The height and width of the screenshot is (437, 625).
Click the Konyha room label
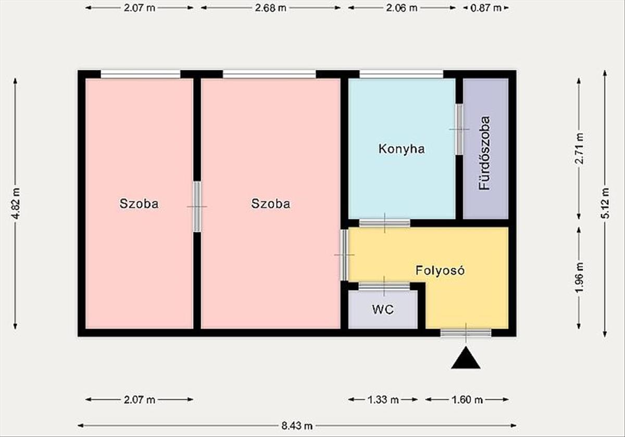[x=402, y=149]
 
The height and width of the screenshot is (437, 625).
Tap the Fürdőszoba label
[x=484, y=153]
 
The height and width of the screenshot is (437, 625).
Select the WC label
[x=383, y=310]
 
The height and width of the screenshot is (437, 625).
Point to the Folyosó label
[x=440, y=271]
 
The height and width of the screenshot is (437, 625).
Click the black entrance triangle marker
[x=466, y=358]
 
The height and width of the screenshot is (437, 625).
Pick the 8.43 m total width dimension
[x=297, y=426]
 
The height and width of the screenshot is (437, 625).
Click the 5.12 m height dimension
[x=605, y=203]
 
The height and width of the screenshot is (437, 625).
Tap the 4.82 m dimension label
[x=16, y=203]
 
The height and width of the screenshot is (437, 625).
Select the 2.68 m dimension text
[x=271, y=8]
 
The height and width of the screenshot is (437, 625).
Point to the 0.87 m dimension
[x=486, y=8]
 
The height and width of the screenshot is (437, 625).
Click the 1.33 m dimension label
[x=383, y=400]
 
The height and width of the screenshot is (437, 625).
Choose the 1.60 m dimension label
[x=467, y=400]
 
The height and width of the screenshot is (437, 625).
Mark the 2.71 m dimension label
[x=579, y=149]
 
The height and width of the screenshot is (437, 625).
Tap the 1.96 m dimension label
[x=579, y=278]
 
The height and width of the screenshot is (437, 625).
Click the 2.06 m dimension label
[x=402, y=8]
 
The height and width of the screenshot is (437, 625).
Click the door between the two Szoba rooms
[x=197, y=207]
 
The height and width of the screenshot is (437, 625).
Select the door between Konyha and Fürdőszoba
[x=459, y=129]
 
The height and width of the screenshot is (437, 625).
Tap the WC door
[x=384, y=286]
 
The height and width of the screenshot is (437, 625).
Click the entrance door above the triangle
[x=466, y=333]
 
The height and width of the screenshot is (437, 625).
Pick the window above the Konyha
[x=401, y=75]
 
